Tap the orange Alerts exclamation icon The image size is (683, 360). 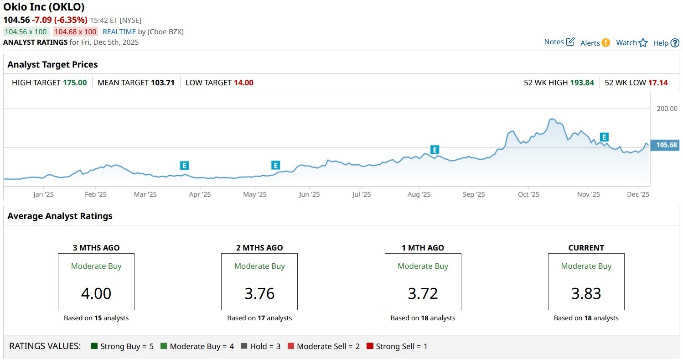(x=605, y=43)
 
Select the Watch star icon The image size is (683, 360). (x=643, y=43)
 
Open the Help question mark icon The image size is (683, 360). (x=675, y=43)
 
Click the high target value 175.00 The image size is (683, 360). (x=75, y=83)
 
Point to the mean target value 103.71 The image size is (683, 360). (x=162, y=83)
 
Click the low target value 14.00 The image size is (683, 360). (x=243, y=83)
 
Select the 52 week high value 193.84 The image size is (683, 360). (x=582, y=83)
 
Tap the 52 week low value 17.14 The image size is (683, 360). (x=658, y=83)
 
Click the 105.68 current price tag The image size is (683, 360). (x=666, y=146)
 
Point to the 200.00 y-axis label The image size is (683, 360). (x=667, y=109)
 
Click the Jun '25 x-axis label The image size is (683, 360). (x=309, y=194)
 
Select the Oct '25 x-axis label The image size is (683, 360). (x=528, y=194)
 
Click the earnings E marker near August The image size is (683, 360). (x=435, y=150)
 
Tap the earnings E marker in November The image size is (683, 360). (x=604, y=137)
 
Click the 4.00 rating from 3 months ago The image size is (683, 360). (x=96, y=293)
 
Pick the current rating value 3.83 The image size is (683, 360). (x=586, y=293)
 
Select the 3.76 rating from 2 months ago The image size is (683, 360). (x=259, y=293)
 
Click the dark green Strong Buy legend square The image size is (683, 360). (x=94, y=346)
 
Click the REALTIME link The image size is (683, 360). (x=119, y=31)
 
